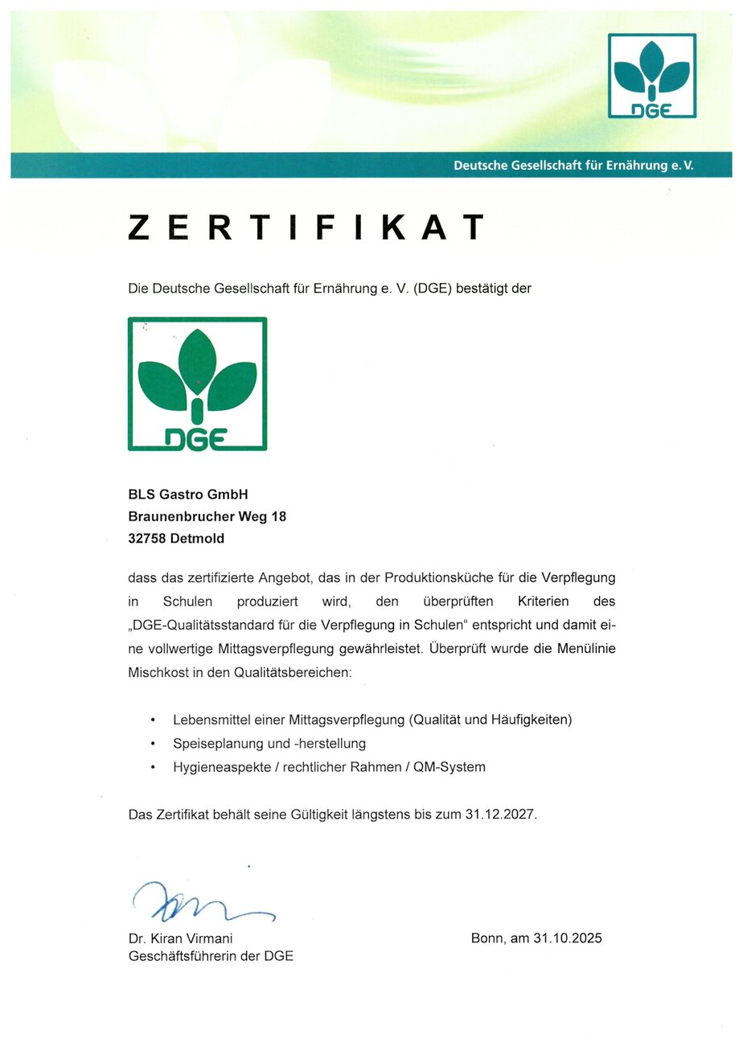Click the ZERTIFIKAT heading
306,228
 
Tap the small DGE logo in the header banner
652,76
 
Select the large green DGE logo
197,384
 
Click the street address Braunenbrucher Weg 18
207,517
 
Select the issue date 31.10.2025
567,938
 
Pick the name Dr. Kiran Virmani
181,938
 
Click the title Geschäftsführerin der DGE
211,957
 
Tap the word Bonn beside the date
488,938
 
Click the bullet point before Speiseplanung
153,744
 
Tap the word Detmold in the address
198,539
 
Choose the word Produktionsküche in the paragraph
433,578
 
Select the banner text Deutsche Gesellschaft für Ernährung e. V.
573,166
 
